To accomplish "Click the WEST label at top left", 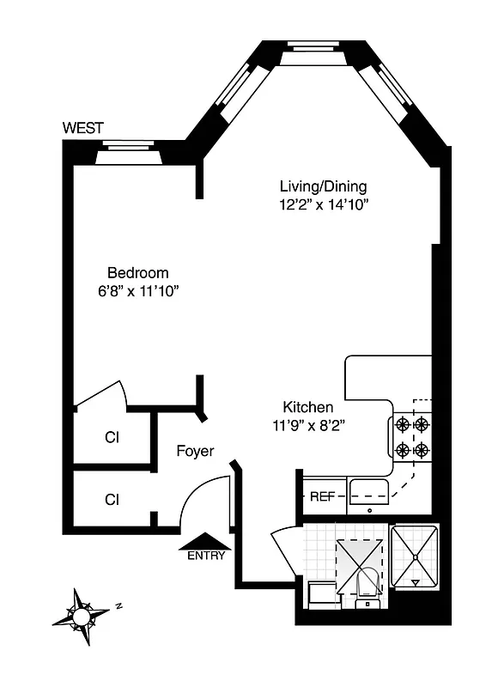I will (x=83, y=128).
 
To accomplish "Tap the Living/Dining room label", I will (x=324, y=186).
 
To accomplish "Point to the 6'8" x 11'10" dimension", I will (x=137, y=291).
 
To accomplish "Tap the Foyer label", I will (x=195, y=450).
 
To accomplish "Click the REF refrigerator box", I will (x=322, y=496).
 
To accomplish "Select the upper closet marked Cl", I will (x=112, y=437).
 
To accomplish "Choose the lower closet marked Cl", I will (x=112, y=498).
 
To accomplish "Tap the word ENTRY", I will (x=206, y=556).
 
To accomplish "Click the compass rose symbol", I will (x=81, y=614).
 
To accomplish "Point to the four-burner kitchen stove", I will (x=411, y=436).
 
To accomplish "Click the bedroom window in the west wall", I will (x=126, y=155).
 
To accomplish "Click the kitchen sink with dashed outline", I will (x=371, y=492).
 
